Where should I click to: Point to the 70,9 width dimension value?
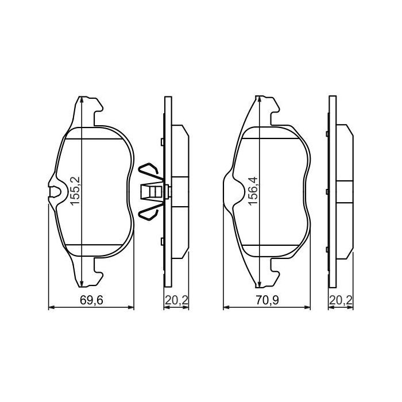[x=266, y=299]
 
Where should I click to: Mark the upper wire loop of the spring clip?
[x=148, y=171]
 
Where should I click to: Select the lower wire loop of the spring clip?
[x=148, y=212]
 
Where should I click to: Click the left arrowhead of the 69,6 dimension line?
[x=49, y=308]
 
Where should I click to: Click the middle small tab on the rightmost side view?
[x=326, y=192]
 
